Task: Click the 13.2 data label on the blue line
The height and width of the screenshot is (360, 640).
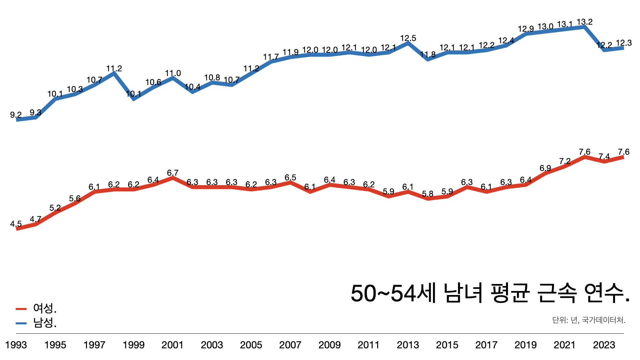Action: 585,22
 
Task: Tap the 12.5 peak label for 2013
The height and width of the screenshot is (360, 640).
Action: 408,38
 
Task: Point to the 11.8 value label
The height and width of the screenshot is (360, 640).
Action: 428,55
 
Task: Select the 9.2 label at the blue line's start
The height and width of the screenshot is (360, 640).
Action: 16,115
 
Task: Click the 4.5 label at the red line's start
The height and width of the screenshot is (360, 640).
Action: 16,224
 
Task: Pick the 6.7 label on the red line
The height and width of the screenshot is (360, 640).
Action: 173,173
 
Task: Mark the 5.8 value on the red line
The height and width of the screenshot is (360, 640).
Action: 428,194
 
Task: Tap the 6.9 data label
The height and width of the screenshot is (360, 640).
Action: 545,168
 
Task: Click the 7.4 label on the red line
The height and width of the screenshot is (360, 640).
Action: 604,157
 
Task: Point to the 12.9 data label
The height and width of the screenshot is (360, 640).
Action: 526,29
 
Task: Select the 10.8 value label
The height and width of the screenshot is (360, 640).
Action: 212,78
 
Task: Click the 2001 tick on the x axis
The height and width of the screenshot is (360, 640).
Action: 173,345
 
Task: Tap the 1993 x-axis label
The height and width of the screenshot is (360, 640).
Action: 16,345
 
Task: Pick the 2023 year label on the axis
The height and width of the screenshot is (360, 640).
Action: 604,345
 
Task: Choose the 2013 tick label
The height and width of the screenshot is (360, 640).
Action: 408,345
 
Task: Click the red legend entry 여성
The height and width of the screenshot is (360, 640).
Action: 45,308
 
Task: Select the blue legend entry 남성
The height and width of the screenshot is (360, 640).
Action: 45,323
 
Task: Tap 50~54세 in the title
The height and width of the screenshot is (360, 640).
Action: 393,293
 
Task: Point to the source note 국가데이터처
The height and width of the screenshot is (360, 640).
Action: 604,320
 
